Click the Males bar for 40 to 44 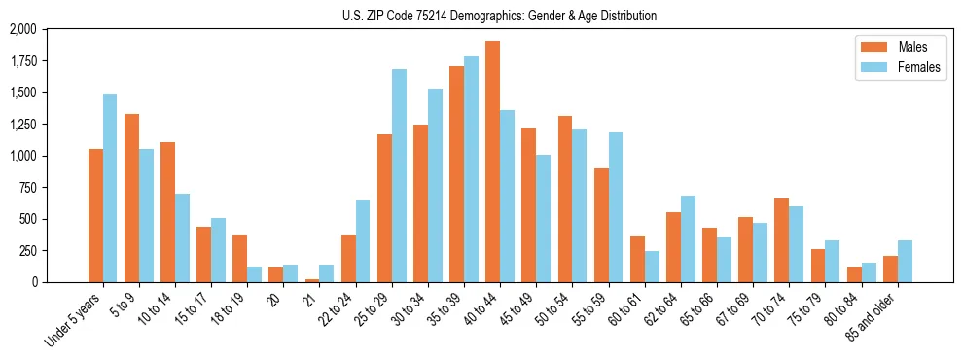[492, 162]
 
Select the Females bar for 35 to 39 [471, 169]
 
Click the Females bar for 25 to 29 [399, 175]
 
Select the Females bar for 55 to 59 [615, 207]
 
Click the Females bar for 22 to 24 [363, 241]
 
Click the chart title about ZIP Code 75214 [499, 16]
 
